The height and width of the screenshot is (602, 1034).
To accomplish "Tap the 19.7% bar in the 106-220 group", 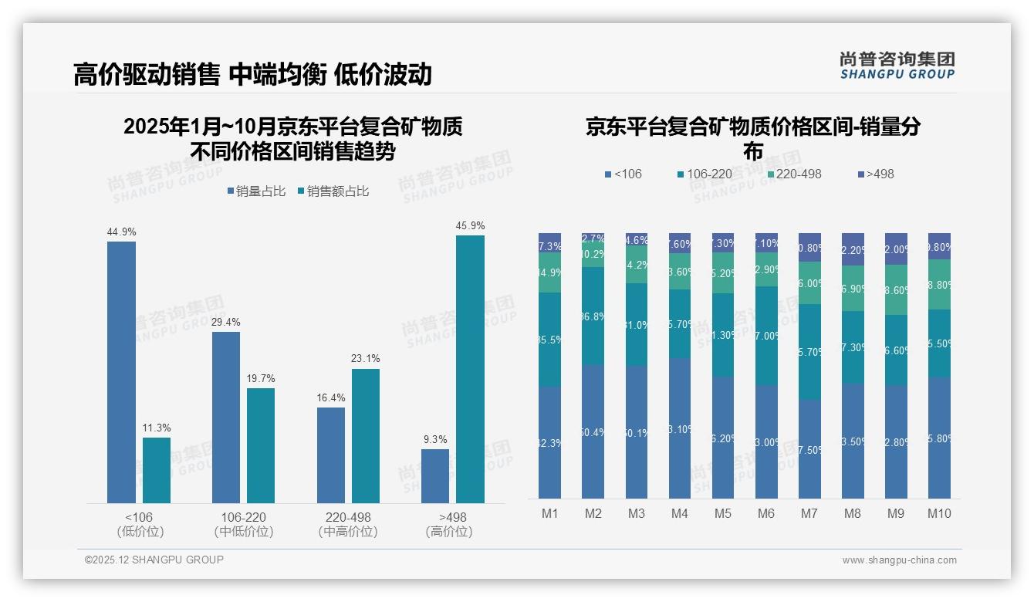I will [261, 445].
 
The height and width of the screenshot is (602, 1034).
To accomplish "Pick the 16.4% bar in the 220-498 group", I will [330, 455].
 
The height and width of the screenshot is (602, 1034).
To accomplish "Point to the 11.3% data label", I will [157, 428].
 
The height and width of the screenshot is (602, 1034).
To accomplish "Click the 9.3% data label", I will [435, 439].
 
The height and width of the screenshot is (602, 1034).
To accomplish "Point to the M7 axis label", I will [809, 513].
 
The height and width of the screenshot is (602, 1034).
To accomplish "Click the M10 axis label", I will [939, 513].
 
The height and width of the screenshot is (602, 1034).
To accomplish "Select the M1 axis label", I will [549, 513].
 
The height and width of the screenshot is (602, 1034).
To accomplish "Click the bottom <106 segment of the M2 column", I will [593, 431].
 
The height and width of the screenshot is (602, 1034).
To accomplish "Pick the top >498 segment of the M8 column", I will [853, 249].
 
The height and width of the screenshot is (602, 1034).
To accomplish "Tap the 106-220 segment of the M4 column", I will [679, 323].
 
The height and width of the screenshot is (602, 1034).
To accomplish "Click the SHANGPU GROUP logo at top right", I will [897, 66].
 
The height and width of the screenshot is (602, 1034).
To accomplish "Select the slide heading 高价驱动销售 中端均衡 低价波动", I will [252, 74].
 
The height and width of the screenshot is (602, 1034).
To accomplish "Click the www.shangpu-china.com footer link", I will [899, 560].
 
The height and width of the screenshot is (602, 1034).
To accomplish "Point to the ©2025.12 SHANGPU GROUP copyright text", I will [154, 560].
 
